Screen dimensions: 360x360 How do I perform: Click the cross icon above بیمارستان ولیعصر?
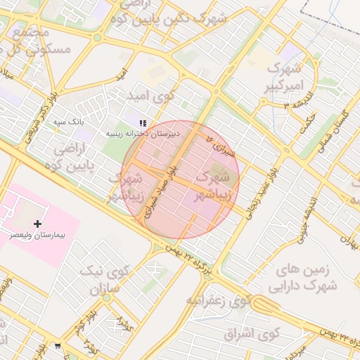[37, 224]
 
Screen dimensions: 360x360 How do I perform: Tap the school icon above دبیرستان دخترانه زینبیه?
[143, 123]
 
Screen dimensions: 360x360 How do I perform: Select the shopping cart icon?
[57, 345]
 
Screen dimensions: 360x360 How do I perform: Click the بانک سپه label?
[70, 122]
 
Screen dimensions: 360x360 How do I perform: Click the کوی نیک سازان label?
[101, 280]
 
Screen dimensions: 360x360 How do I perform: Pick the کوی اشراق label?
[252, 333]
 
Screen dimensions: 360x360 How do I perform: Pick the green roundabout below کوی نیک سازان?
[106, 298]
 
